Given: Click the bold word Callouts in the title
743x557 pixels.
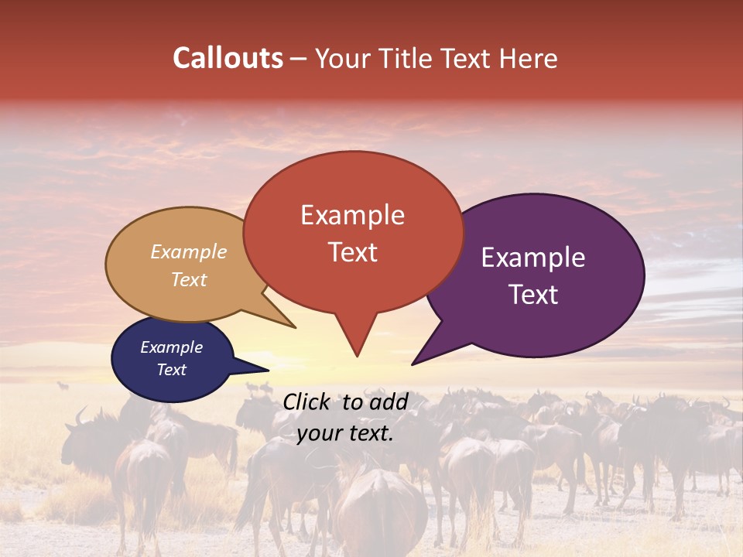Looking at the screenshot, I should [228, 58].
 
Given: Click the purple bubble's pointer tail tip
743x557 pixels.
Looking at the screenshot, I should [413, 364].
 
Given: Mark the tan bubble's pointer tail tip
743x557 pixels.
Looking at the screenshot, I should [295, 327].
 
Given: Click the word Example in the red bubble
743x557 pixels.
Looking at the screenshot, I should [352, 214].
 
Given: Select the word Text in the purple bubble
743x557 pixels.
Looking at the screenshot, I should [533, 295].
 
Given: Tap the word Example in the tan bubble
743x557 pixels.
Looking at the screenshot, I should [189, 252].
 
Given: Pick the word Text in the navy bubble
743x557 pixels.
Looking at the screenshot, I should [172, 370].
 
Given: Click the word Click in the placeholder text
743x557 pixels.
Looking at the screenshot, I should [308, 402].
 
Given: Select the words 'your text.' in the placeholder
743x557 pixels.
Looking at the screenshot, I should [345, 433].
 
